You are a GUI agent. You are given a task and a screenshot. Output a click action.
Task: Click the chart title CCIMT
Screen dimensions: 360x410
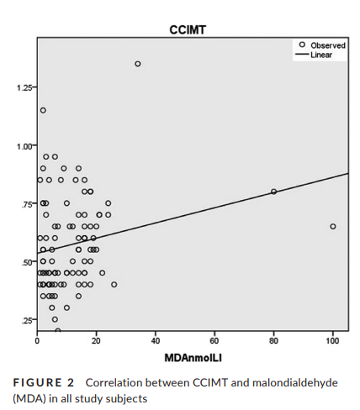pyautogui.click(x=188, y=29)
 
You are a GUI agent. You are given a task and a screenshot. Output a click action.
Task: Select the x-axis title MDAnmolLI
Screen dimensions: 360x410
pyautogui.click(x=193, y=358)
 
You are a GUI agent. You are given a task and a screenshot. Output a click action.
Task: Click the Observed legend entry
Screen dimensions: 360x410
pyautogui.click(x=322, y=45)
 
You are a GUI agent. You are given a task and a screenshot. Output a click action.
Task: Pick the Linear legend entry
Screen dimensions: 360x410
pyautogui.click(x=314, y=55)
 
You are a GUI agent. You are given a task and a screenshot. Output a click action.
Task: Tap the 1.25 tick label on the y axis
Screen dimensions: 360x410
pyautogui.click(x=24, y=87)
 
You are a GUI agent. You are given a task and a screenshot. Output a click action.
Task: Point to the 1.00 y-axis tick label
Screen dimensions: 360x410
pyautogui.click(x=24, y=146)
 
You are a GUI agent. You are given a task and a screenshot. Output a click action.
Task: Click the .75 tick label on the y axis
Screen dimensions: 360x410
pyautogui.click(x=27, y=204)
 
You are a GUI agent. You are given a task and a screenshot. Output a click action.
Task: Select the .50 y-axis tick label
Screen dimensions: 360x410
pyautogui.click(x=27, y=262)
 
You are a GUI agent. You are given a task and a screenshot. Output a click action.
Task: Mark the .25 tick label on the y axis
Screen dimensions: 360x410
pyautogui.click(x=27, y=321)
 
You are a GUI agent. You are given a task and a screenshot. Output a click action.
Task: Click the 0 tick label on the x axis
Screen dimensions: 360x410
pyautogui.click(x=37, y=341)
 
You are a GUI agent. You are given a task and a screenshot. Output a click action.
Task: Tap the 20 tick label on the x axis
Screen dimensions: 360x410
pyautogui.click(x=96, y=341)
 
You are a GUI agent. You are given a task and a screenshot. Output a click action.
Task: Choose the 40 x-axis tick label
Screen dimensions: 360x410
pyautogui.click(x=156, y=341)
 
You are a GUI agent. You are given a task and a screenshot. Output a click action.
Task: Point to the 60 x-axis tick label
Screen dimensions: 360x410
pyautogui.click(x=214, y=341)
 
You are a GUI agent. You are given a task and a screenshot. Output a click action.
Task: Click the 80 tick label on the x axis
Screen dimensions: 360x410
pyautogui.click(x=273, y=341)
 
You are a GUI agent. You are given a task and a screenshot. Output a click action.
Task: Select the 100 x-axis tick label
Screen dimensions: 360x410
pyautogui.click(x=333, y=341)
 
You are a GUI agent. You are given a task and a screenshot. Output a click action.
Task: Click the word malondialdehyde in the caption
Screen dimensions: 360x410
pyautogui.click(x=295, y=382)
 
